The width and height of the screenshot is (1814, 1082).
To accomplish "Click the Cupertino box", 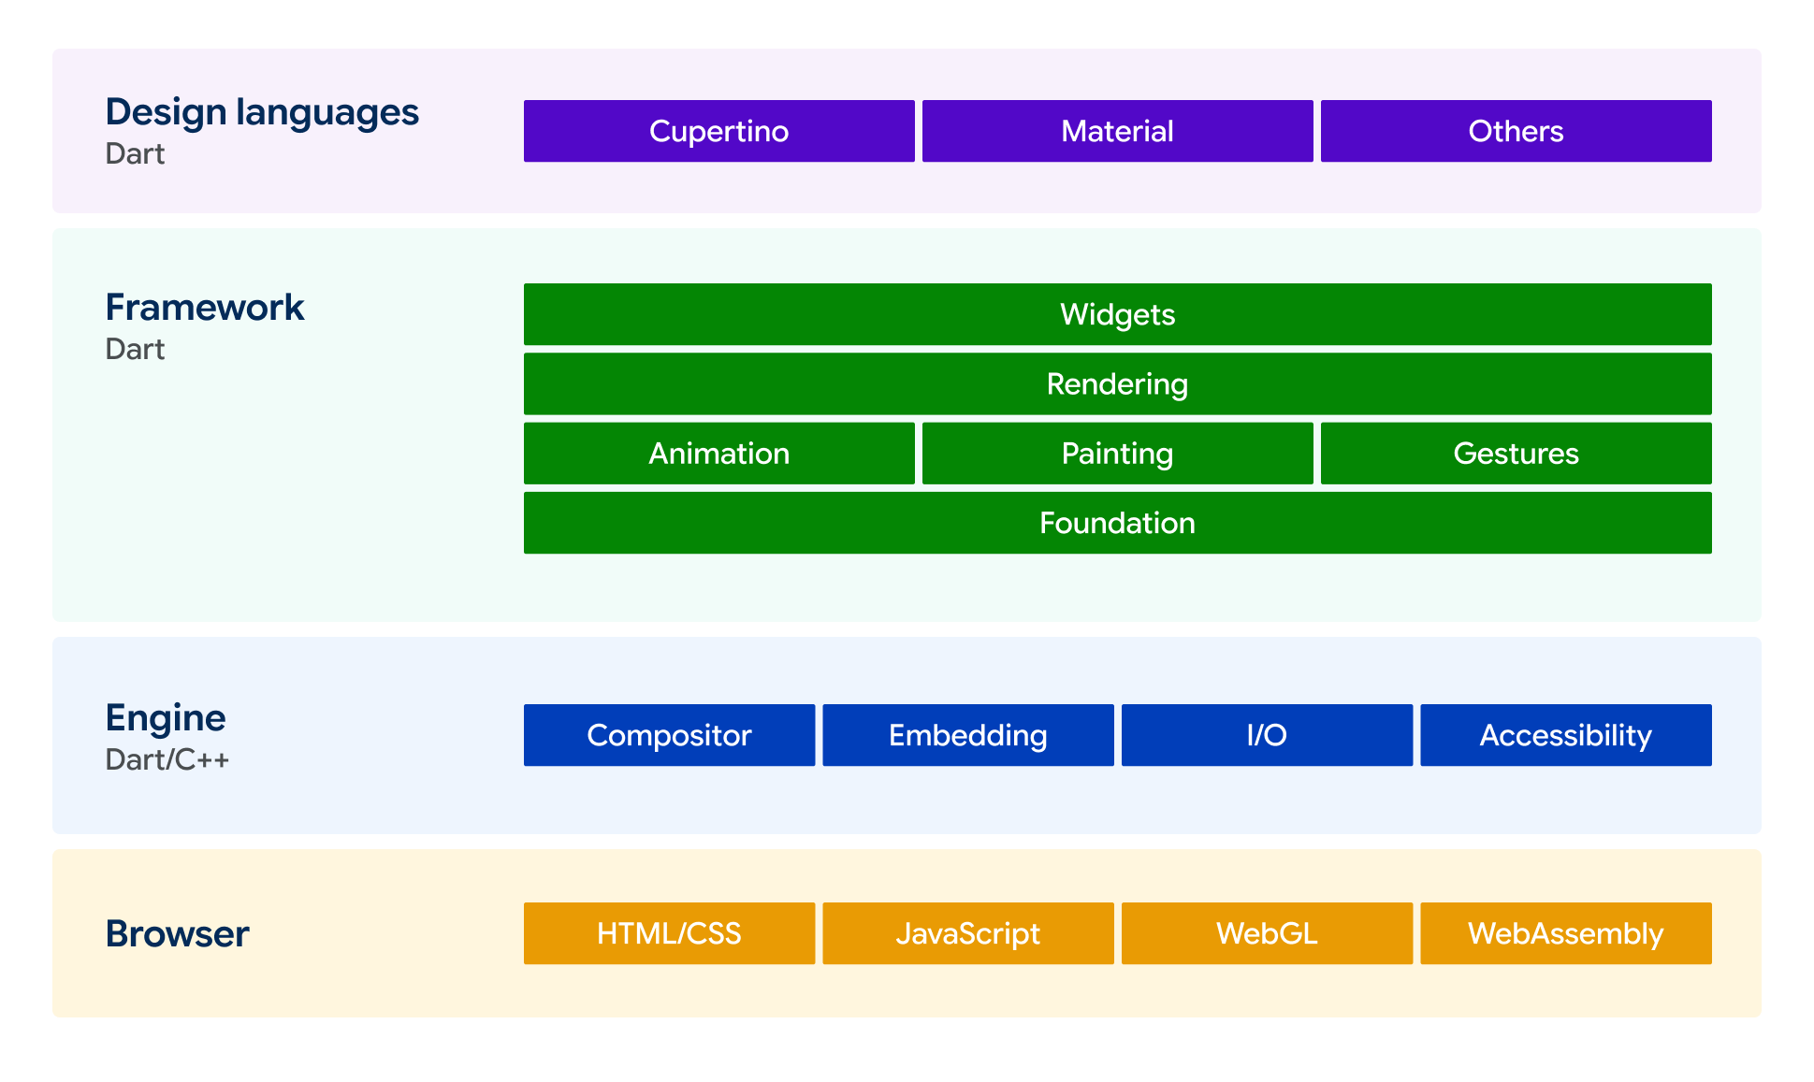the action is pyautogui.click(x=718, y=131).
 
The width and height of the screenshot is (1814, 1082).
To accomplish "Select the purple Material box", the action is pyautogui.click(x=1117, y=131).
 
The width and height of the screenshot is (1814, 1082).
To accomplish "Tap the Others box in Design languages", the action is pyautogui.click(x=1516, y=131).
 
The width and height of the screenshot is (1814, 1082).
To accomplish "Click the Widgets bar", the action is pyautogui.click(x=1117, y=314).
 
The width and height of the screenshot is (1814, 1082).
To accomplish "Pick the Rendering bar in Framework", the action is pyautogui.click(x=1117, y=383).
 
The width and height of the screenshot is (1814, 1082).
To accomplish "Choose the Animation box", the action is pyautogui.click(x=718, y=454).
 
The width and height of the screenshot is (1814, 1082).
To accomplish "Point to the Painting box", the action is pyautogui.click(x=1117, y=454).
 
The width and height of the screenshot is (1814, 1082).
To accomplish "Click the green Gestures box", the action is pyautogui.click(x=1516, y=454).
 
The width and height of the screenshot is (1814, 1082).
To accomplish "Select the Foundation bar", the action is pyautogui.click(x=1117, y=523).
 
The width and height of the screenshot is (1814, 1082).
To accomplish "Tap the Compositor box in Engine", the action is pyautogui.click(x=669, y=735).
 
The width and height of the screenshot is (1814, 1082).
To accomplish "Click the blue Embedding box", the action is pyautogui.click(x=968, y=735).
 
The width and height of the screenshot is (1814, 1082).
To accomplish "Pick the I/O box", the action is pyautogui.click(x=1267, y=735).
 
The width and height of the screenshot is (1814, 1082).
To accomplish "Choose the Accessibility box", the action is pyautogui.click(x=1566, y=735).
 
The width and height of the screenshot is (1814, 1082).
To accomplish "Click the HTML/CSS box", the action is pyautogui.click(x=669, y=933).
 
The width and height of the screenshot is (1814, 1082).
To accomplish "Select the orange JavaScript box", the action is pyautogui.click(x=968, y=933).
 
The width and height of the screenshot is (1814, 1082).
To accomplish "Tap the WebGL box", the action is pyautogui.click(x=1267, y=933).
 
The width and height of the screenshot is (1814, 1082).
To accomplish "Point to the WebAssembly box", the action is pyautogui.click(x=1566, y=933).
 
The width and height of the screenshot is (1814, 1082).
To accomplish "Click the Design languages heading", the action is pyautogui.click(x=262, y=113).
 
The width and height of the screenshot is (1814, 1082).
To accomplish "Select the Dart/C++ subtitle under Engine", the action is pyautogui.click(x=167, y=759).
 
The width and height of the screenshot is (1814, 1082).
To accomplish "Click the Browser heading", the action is pyautogui.click(x=177, y=933).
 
